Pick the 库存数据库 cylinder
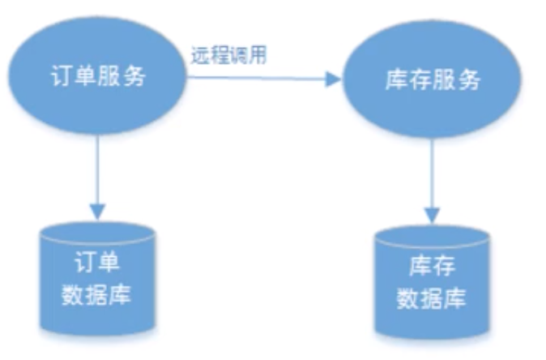pyautogui.click(x=432, y=284)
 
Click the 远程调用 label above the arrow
pyautogui.click(x=229, y=56)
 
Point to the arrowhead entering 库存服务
pyautogui.click(x=333, y=79)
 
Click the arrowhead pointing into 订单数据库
pyautogui.click(x=97, y=209)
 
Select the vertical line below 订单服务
pyautogui.click(x=97, y=166)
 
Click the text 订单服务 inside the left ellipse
pyautogui.click(x=98, y=76)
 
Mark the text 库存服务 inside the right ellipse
pyautogui.click(x=431, y=80)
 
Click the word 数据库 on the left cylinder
pyautogui.click(x=97, y=294)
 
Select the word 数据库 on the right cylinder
pyautogui.click(x=432, y=299)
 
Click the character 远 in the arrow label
pyautogui.click(x=200, y=56)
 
